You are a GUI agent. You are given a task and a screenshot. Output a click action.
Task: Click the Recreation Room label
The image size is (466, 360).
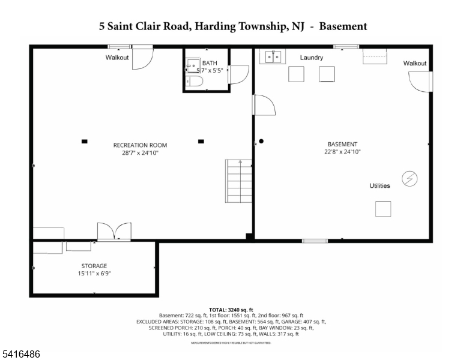click(x=140, y=145)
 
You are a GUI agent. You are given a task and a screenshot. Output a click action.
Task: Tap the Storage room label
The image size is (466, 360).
click(x=94, y=266)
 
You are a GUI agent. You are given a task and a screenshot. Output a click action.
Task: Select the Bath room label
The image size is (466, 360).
click(x=210, y=63)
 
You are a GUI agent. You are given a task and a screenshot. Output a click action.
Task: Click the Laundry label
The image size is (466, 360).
click(x=312, y=58)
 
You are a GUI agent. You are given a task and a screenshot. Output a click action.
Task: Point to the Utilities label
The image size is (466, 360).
click(x=380, y=186)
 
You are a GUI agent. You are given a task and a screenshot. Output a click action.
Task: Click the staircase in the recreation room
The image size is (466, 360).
click(x=238, y=181)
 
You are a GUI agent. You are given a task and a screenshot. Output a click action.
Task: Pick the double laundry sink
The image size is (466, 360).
click(x=273, y=57)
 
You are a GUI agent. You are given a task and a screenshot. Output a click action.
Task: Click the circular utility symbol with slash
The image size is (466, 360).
click(x=410, y=179)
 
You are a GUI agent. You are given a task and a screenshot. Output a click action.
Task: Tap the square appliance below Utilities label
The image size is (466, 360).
click(x=383, y=209)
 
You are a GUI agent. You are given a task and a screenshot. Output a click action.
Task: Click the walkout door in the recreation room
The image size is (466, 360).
click(x=142, y=58)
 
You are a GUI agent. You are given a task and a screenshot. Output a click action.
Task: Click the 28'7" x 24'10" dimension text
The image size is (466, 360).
click(x=140, y=153)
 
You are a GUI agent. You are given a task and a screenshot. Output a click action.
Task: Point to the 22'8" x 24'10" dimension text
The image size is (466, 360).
click(x=342, y=152)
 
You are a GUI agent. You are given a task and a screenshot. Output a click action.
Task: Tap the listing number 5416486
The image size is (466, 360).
click(x=22, y=355)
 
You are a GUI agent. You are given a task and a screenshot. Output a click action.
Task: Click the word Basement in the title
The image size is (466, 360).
click(x=343, y=26)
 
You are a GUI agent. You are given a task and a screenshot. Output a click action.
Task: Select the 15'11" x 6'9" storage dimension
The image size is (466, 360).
click(x=94, y=274)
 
